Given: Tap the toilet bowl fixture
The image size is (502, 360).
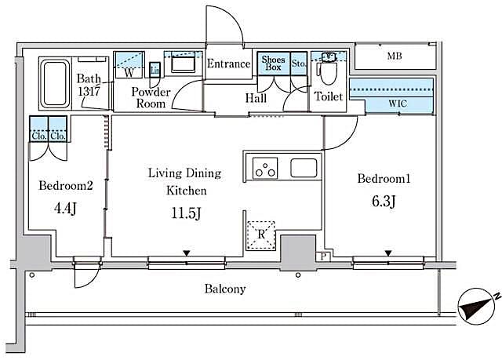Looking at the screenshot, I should (327, 75).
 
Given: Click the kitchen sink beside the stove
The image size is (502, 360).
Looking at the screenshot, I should (304, 168).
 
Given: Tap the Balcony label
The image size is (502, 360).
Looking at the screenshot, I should (225, 289).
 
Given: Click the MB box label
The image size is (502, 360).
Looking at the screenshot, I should (393, 56).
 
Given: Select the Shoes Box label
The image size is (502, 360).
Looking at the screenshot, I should (273, 64).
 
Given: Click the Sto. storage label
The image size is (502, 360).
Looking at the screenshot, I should (298, 63).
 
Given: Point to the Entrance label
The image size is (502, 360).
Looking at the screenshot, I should (228, 64).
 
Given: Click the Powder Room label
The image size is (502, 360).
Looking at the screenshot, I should (147, 97).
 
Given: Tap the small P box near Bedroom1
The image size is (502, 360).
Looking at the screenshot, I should (324, 256).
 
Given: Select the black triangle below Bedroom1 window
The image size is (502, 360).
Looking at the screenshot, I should (387, 253).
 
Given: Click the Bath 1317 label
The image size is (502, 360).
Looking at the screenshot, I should (89, 84).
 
